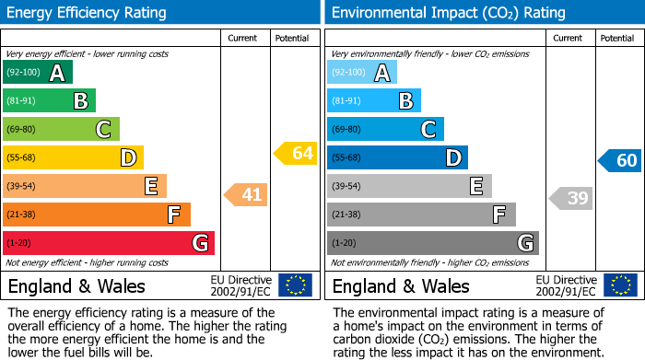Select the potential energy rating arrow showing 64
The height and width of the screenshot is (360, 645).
point(296,153)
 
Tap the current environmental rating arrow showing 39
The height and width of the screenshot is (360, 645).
point(571,198)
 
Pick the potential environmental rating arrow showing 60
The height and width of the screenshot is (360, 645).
point(620,160)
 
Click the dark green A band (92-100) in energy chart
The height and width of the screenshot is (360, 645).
point(38,73)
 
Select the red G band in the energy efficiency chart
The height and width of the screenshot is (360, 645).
point(109,243)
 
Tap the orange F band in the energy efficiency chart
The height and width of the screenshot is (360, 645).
point(97,215)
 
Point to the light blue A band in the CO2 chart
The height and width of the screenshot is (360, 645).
point(362,73)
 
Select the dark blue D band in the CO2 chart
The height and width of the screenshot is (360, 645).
point(397,157)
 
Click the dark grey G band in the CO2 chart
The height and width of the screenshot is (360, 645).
point(432,243)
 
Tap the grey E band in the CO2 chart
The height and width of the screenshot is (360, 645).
point(409,186)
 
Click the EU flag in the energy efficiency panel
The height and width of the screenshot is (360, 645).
point(295,285)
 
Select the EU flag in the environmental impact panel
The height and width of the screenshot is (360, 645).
point(620,285)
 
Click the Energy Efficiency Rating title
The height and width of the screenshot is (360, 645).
point(87,13)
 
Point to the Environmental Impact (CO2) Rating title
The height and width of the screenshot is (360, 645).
point(448,13)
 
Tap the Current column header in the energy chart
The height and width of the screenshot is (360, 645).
point(242,38)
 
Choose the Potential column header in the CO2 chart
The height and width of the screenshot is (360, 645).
point(616,38)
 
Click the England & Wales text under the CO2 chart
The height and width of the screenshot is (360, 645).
point(400,285)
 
